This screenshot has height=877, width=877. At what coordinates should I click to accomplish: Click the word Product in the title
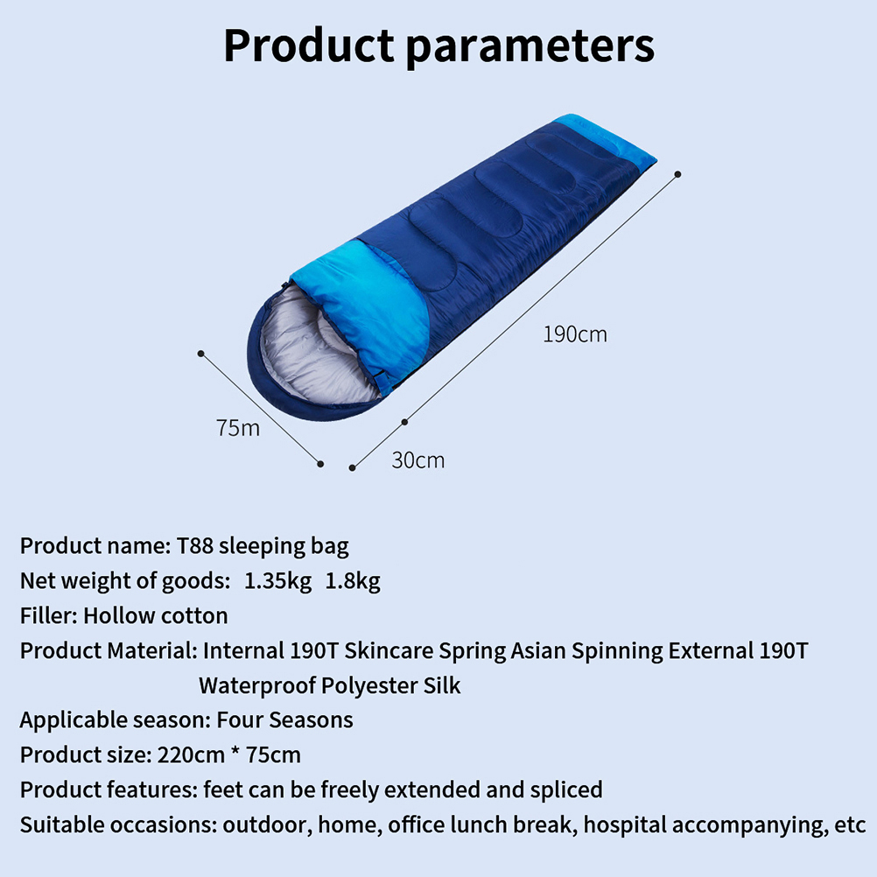pyautogui.click(x=309, y=46)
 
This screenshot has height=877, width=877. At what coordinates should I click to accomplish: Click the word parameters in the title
pyautogui.click(x=530, y=48)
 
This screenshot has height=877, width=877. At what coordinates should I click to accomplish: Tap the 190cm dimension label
pyautogui.click(x=575, y=334)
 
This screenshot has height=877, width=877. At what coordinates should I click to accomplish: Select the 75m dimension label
pyautogui.click(x=238, y=428)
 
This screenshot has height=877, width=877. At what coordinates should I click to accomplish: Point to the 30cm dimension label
pyautogui.click(x=418, y=460)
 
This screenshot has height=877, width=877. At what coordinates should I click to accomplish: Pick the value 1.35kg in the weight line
pyautogui.click(x=277, y=581)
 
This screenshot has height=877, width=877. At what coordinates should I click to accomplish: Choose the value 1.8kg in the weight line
pyautogui.click(x=353, y=581)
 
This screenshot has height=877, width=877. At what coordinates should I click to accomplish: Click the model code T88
pyautogui.click(x=194, y=545)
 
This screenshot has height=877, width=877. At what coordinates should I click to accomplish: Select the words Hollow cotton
pyautogui.click(x=156, y=616)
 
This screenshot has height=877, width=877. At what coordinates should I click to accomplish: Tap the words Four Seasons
pyautogui.click(x=284, y=719)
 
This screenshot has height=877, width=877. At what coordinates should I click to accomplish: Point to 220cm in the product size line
pyautogui.click(x=191, y=755)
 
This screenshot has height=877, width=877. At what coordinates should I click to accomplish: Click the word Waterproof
pyautogui.click(x=257, y=685)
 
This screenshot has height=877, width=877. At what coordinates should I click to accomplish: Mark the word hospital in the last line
pyautogui.click(x=624, y=825)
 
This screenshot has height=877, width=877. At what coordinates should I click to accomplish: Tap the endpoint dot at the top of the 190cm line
pyautogui.click(x=678, y=174)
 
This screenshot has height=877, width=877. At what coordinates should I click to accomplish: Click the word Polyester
pyautogui.click(x=369, y=686)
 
